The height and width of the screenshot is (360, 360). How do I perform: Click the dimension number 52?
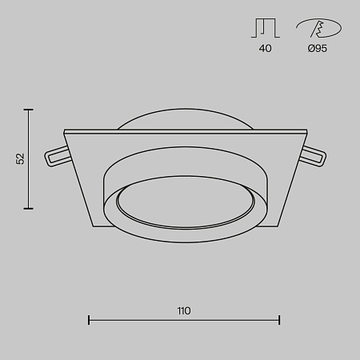point(21,158)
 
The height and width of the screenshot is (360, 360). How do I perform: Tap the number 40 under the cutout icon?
point(265,49)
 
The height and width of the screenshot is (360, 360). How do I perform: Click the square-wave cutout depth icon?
point(265,28)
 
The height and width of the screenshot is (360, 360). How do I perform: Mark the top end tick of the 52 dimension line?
point(30,110)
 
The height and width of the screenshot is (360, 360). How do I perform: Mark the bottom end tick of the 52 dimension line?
point(30,209)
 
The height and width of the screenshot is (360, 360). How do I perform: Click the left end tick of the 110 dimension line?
point(88,321)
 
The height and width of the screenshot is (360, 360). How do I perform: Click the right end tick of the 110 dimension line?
point(279,321)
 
